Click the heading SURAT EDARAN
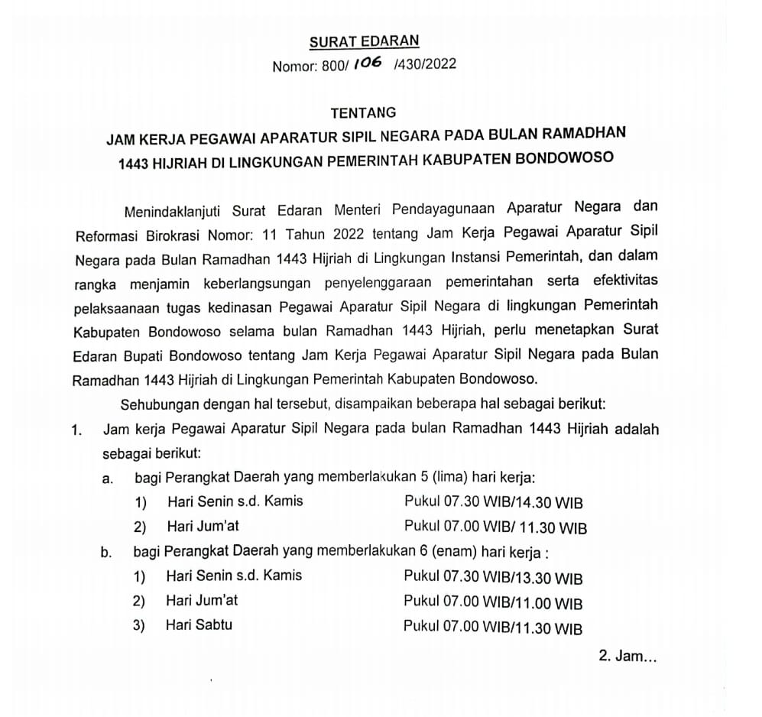pyautogui.click(x=365, y=42)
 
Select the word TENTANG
pyautogui.click(x=363, y=113)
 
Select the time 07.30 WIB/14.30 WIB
pyautogui.click(x=512, y=503)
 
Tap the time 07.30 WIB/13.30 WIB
pyautogui.click(x=512, y=578)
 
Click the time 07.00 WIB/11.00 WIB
pyautogui.click(x=512, y=603)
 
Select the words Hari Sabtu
pyautogui.click(x=199, y=625)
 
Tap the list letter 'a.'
pyautogui.click(x=107, y=479)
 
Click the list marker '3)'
pyautogui.click(x=139, y=627)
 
